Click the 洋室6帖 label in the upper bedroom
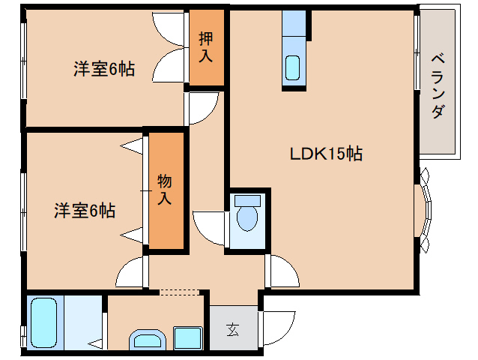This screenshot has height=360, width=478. coord(103,70)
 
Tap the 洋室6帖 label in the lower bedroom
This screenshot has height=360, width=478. coord(84,211)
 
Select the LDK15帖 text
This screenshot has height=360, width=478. coord(326,154)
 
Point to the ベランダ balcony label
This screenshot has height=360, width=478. coord(439,85)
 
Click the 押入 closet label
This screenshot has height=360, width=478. coord(205,47)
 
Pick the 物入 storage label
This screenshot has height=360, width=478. coord(165,190)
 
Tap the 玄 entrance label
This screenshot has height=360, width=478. coord(232,328)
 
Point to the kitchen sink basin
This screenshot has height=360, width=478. coord(293,67)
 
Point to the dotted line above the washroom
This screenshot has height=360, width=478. coord(179,290)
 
